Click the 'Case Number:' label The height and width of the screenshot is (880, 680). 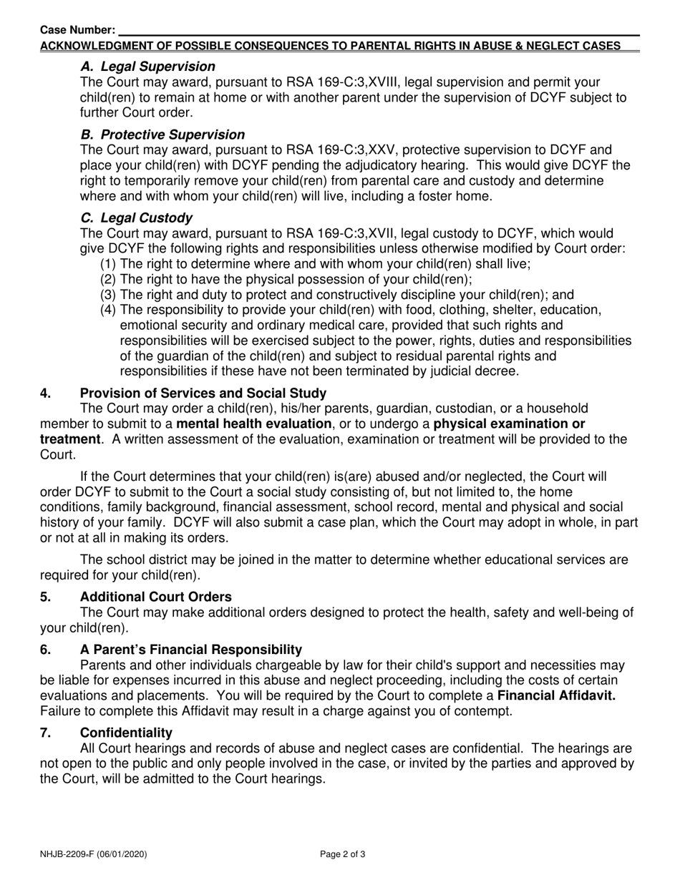(77, 30)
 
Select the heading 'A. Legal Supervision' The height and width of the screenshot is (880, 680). (147, 67)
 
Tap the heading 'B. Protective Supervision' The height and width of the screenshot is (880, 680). (162, 135)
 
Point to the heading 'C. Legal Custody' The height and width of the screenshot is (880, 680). (136, 217)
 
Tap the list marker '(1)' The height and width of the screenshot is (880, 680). (107, 264)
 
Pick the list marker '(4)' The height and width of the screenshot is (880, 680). (107, 310)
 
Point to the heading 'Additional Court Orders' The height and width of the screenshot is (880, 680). (156, 597)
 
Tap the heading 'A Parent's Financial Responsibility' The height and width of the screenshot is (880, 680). (191, 650)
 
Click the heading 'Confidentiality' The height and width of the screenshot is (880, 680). (126, 733)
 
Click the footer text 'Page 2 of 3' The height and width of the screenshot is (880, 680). (343, 854)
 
